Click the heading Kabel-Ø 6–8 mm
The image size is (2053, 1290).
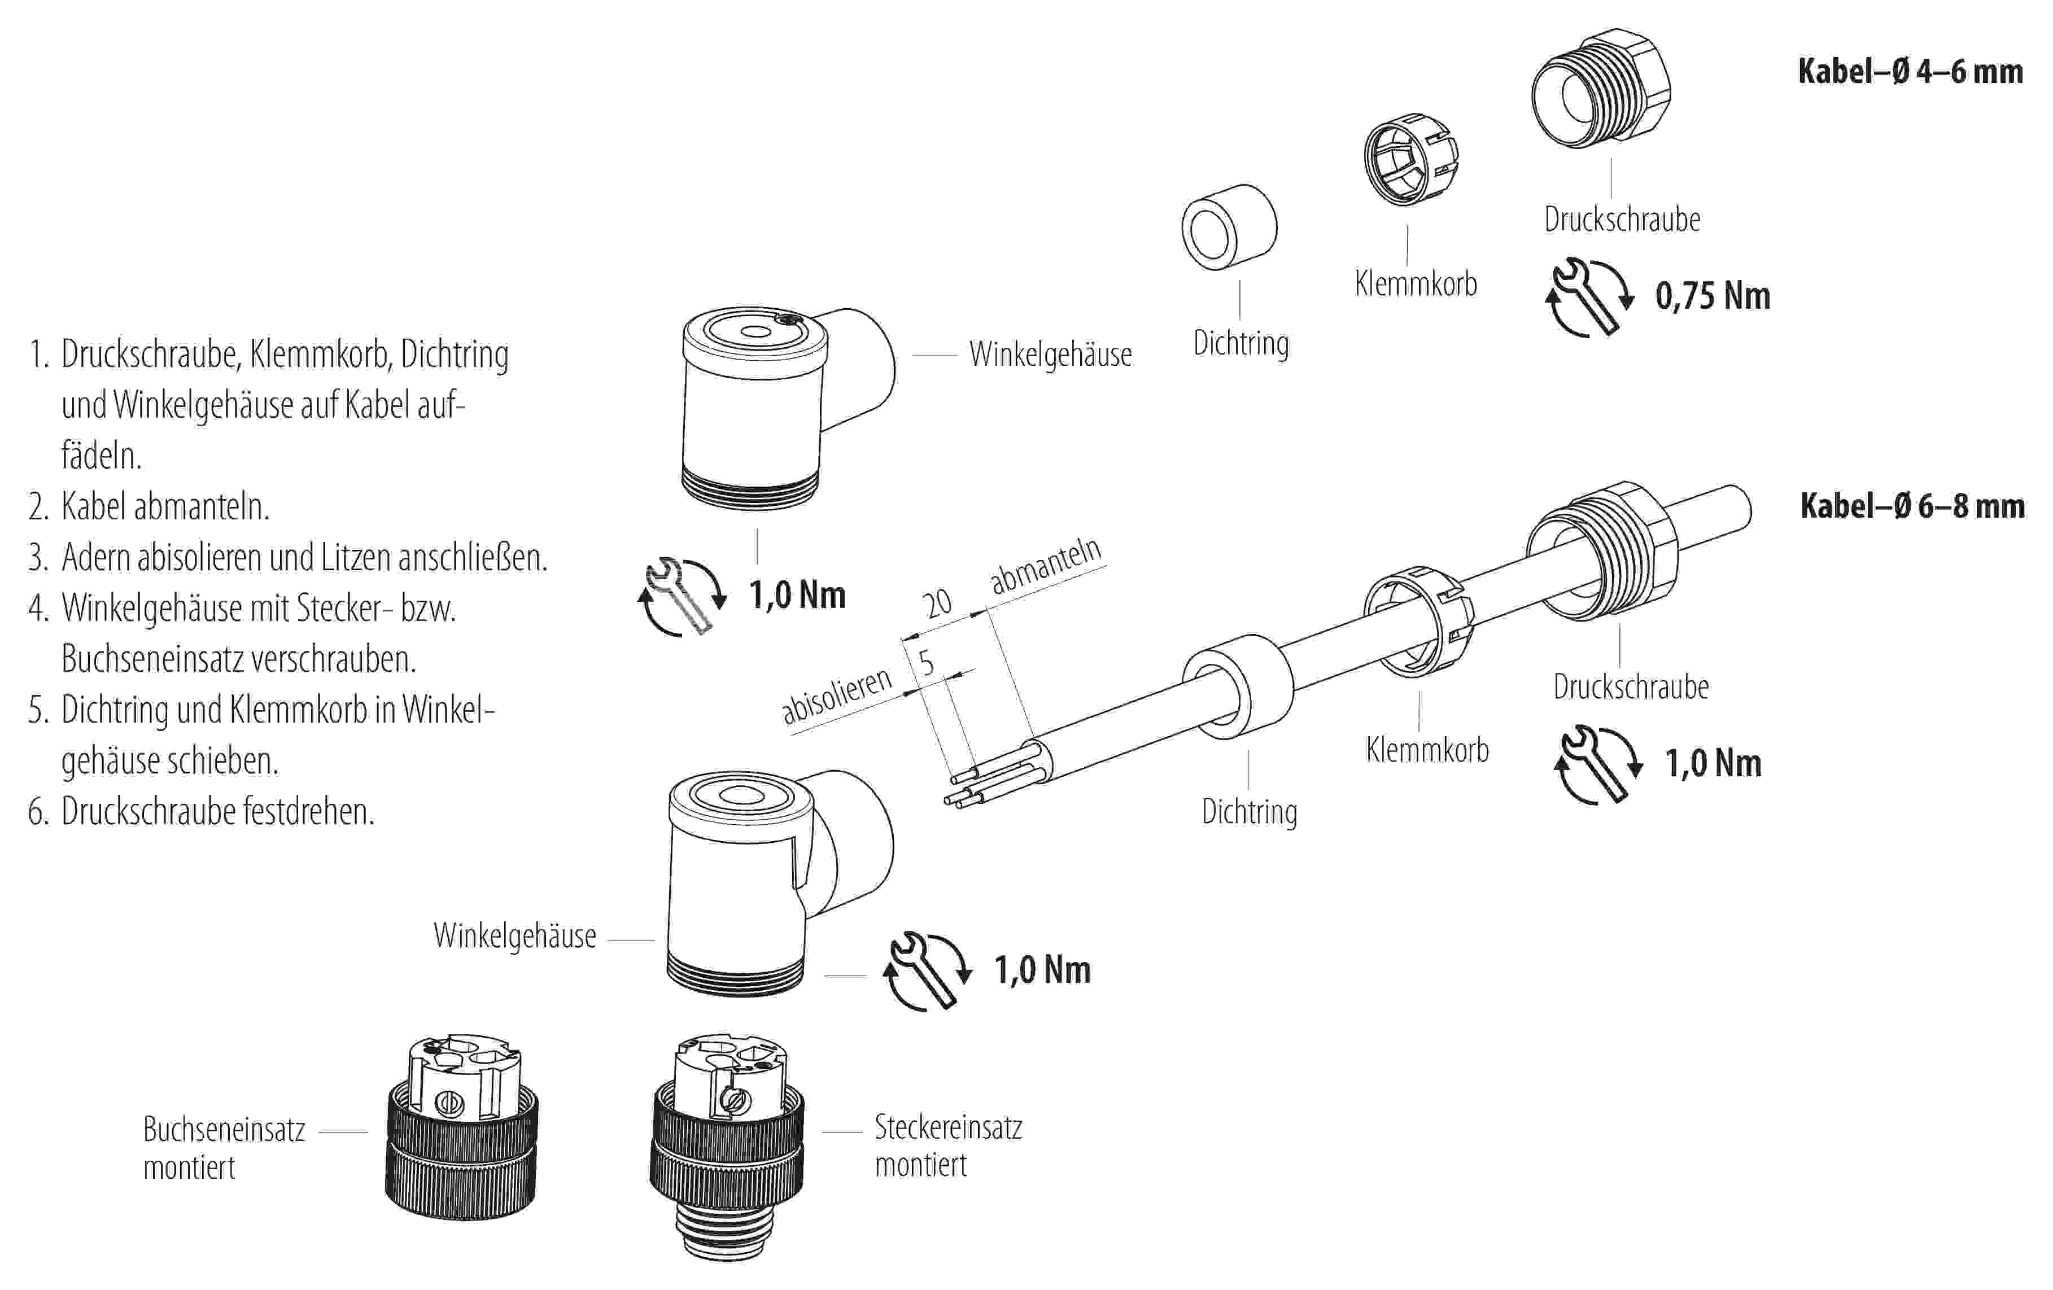point(1911,506)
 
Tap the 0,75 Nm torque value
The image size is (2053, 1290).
point(1712,296)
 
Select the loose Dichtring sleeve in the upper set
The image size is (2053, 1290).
point(1229,227)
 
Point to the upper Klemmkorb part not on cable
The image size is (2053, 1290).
point(1410,159)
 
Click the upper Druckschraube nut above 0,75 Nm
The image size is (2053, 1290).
point(1600,90)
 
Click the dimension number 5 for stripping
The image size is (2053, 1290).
point(926,662)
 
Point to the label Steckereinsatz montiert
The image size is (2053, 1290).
point(947,1145)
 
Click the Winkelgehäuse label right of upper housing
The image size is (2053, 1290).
point(1050,355)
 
